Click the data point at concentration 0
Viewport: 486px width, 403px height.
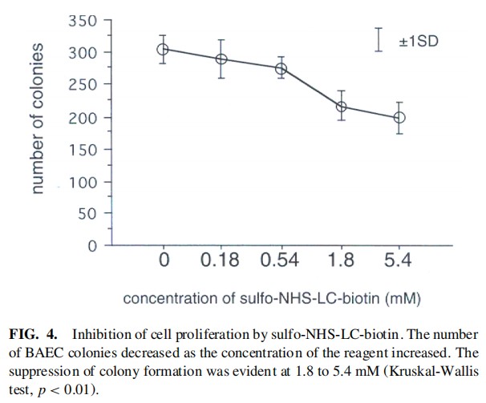pyautogui.click(x=163, y=49)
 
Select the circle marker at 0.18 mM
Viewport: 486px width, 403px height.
pyautogui.click(x=221, y=59)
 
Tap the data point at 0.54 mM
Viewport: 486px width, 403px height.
pyautogui.click(x=281, y=68)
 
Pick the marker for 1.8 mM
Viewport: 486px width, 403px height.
pyautogui.click(x=341, y=107)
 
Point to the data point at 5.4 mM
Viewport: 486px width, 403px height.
pyautogui.click(x=399, y=118)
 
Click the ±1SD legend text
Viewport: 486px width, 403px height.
pyautogui.click(x=419, y=40)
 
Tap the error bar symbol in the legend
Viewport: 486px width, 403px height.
pyautogui.click(x=379, y=39)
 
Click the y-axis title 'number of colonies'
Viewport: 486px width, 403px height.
pyautogui.click(x=38, y=117)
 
